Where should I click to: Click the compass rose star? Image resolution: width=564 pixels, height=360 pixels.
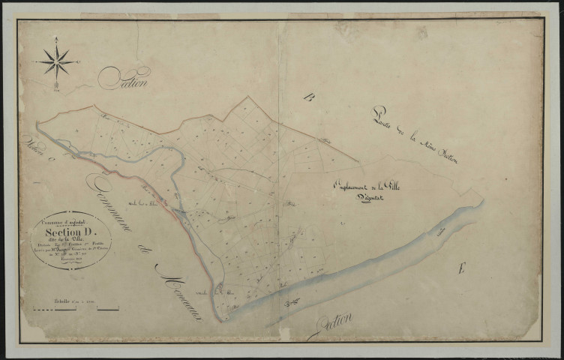(56, 61)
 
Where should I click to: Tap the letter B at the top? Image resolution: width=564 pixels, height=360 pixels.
(307, 96)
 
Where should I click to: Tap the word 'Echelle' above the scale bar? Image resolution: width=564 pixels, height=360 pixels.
(65, 301)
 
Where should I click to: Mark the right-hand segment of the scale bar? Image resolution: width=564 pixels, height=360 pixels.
(108, 309)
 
